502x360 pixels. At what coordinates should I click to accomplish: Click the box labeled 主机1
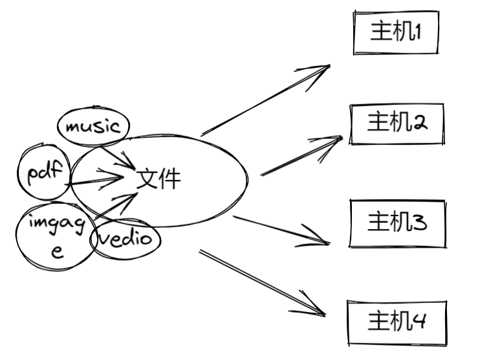[x=396, y=32]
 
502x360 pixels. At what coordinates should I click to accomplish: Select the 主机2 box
[x=397, y=123]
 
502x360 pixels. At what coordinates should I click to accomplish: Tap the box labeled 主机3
[x=397, y=223]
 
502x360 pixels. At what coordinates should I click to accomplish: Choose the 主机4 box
[x=397, y=322]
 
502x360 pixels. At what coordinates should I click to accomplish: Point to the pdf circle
[x=43, y=172]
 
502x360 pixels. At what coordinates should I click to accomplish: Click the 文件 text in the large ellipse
[x=159, y=178]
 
